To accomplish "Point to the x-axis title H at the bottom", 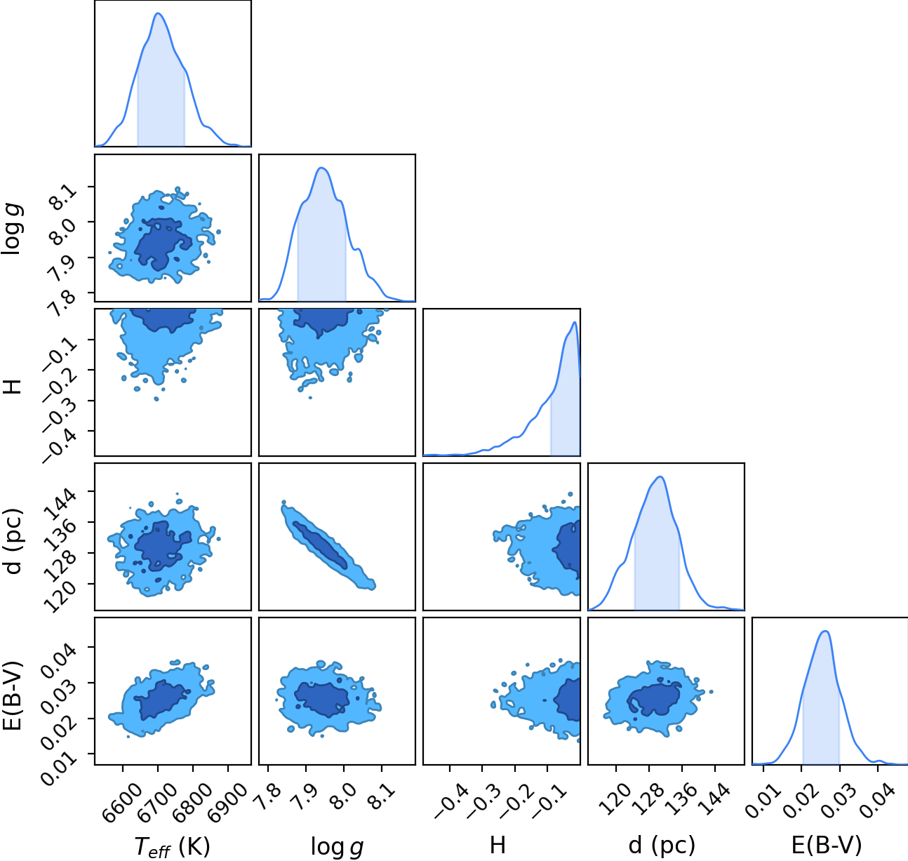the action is coord(498,845).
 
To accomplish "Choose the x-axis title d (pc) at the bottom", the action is coord(662,846).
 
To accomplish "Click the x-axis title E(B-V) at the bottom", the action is coord(827,846).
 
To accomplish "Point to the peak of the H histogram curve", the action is coord(575,322).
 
